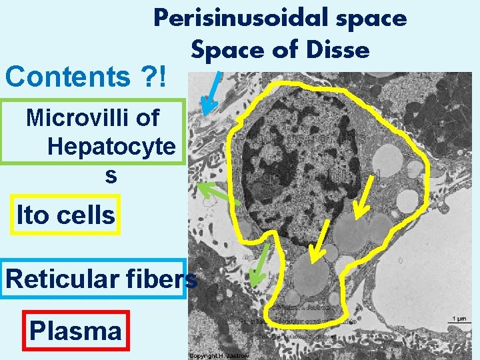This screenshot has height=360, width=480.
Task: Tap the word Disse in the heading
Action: point(341,49)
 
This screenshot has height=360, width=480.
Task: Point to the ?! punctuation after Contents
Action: point(158,77)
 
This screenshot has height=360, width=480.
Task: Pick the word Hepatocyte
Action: point(111,147)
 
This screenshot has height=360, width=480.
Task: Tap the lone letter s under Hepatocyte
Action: point(110,175)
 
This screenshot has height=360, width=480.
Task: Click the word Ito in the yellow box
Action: point(30,215)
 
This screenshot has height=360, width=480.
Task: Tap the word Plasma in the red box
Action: point(75,331)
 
